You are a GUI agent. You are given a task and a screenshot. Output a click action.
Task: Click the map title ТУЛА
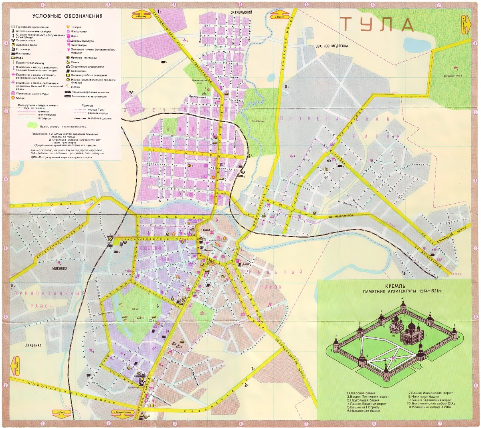[377, 25]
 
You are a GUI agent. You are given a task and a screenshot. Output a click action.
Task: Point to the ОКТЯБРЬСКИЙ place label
[241, 12]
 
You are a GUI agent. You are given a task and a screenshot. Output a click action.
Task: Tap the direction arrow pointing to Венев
[280, 15]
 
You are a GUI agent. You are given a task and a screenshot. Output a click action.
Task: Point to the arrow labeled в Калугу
[15, 366]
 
